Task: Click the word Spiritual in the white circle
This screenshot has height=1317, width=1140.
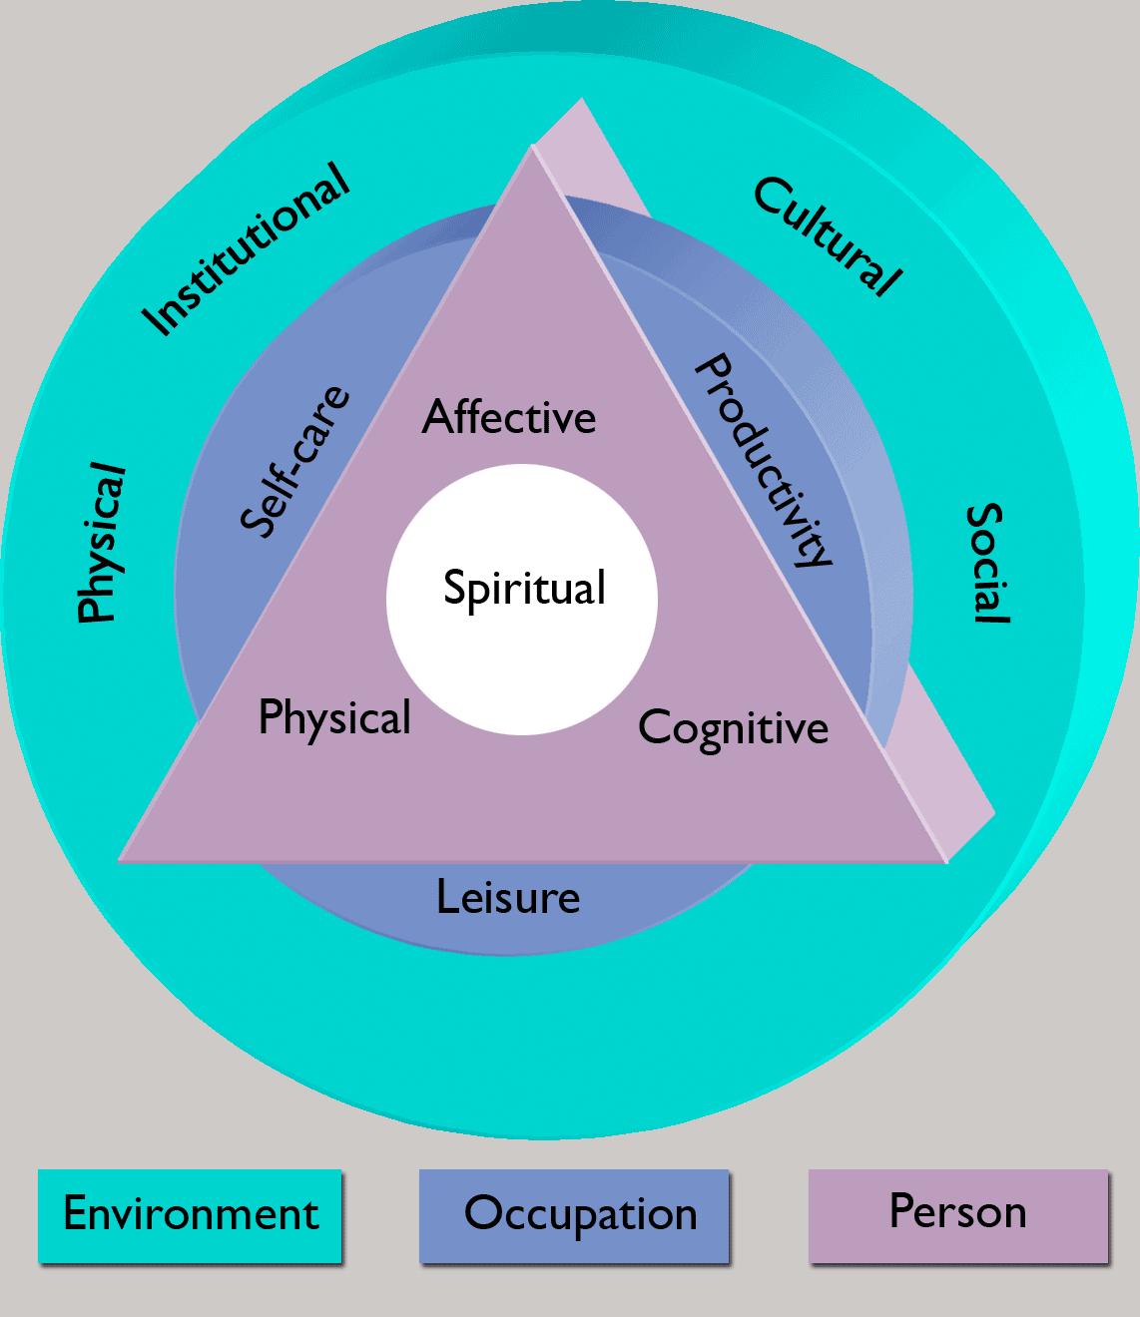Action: [x=524, y=590]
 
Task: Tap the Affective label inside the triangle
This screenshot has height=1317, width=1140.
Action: [x=509, y=417]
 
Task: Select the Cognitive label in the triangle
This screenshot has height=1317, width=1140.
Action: [x=734, y=729]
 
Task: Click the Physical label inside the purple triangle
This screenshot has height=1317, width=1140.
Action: [x=334, y=718]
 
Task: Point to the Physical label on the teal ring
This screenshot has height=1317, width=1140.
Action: [x=101, y=542]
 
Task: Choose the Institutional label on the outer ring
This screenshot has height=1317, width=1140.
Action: [x=246, y=249]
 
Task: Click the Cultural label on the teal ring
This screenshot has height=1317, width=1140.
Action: [x=828, y=236]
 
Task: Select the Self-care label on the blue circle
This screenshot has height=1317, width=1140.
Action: [x=295, y=462]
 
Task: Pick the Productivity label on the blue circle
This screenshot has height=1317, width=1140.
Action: [x=764, y=460]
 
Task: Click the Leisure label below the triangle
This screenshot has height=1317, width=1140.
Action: [x=508, y=898]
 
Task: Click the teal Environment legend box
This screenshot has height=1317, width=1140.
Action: [x=190, y=1216]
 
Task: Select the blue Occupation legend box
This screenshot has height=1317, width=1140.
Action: [x=574, y=1216]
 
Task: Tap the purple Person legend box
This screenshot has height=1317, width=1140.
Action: [x=958, y=1216]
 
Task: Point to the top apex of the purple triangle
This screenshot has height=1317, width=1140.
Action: [x=532, y=147]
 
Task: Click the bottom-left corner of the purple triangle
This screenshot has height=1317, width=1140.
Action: [x=119, y=861]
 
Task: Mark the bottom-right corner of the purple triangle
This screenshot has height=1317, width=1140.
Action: [x=946, y=862]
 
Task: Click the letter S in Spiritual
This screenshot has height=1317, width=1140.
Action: [x=455, y=587]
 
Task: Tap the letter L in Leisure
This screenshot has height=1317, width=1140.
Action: [x=447, y=897]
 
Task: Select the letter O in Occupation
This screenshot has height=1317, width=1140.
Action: [x=484, y=1212]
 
